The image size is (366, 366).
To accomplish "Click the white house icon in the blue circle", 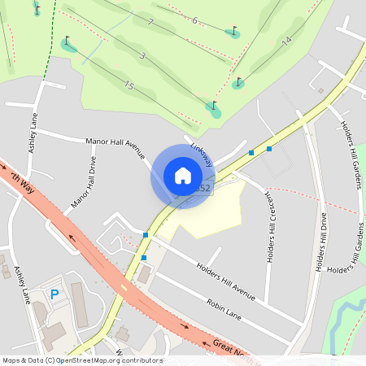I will pyautogui.click(x=183, y=176).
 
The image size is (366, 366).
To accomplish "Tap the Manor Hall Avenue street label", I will pyautogui.click(x=115, y=146).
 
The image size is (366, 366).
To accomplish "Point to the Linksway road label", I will pyautogui.click(x=201, y=155).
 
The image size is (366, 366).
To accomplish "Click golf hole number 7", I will pyautogui.click(x=151, y=22).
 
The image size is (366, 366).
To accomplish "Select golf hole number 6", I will pyautogui.click(x=194, y=20).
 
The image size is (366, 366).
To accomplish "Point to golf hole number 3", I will pyautogui.click(x=142, y=55).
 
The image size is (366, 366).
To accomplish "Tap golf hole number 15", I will pyautogui.click(x=129, y=85).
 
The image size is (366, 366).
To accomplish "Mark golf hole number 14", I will pyautogui.click(x=285, y=41).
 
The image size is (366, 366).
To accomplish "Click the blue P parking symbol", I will pyautogui.click(x=55, y=294).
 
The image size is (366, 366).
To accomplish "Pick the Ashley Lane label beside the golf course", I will pyautogui.click(x=33, y=132).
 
